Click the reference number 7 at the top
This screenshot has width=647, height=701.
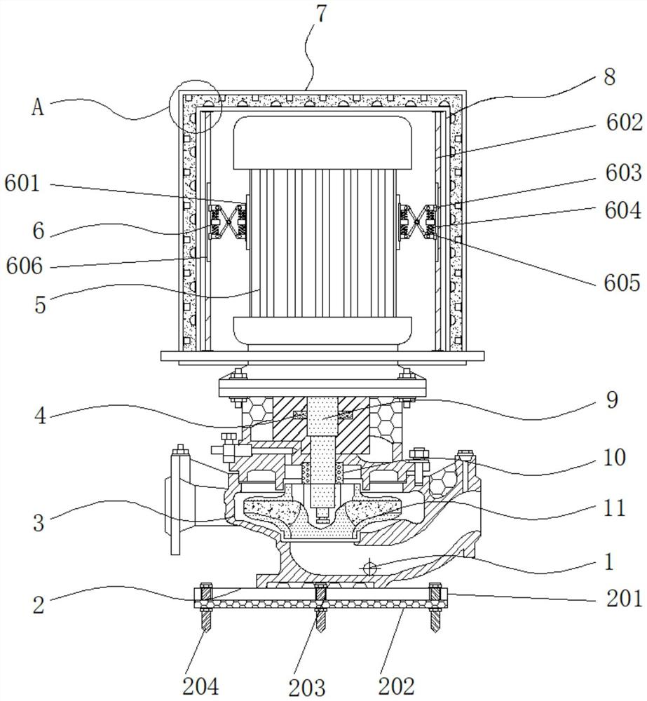point(320,15)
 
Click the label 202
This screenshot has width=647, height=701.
point(397,684)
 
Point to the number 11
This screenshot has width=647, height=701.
point(614,508)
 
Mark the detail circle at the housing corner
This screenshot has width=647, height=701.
point(195,106)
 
